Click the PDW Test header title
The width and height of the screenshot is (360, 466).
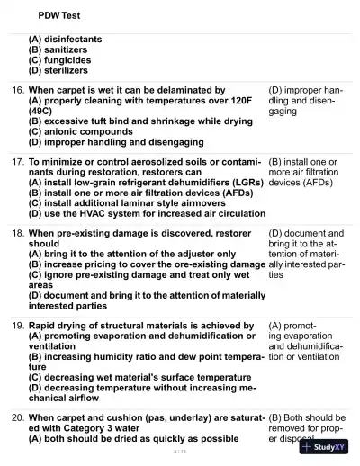click(59, 15)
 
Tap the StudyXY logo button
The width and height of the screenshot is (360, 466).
click(325, 447)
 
